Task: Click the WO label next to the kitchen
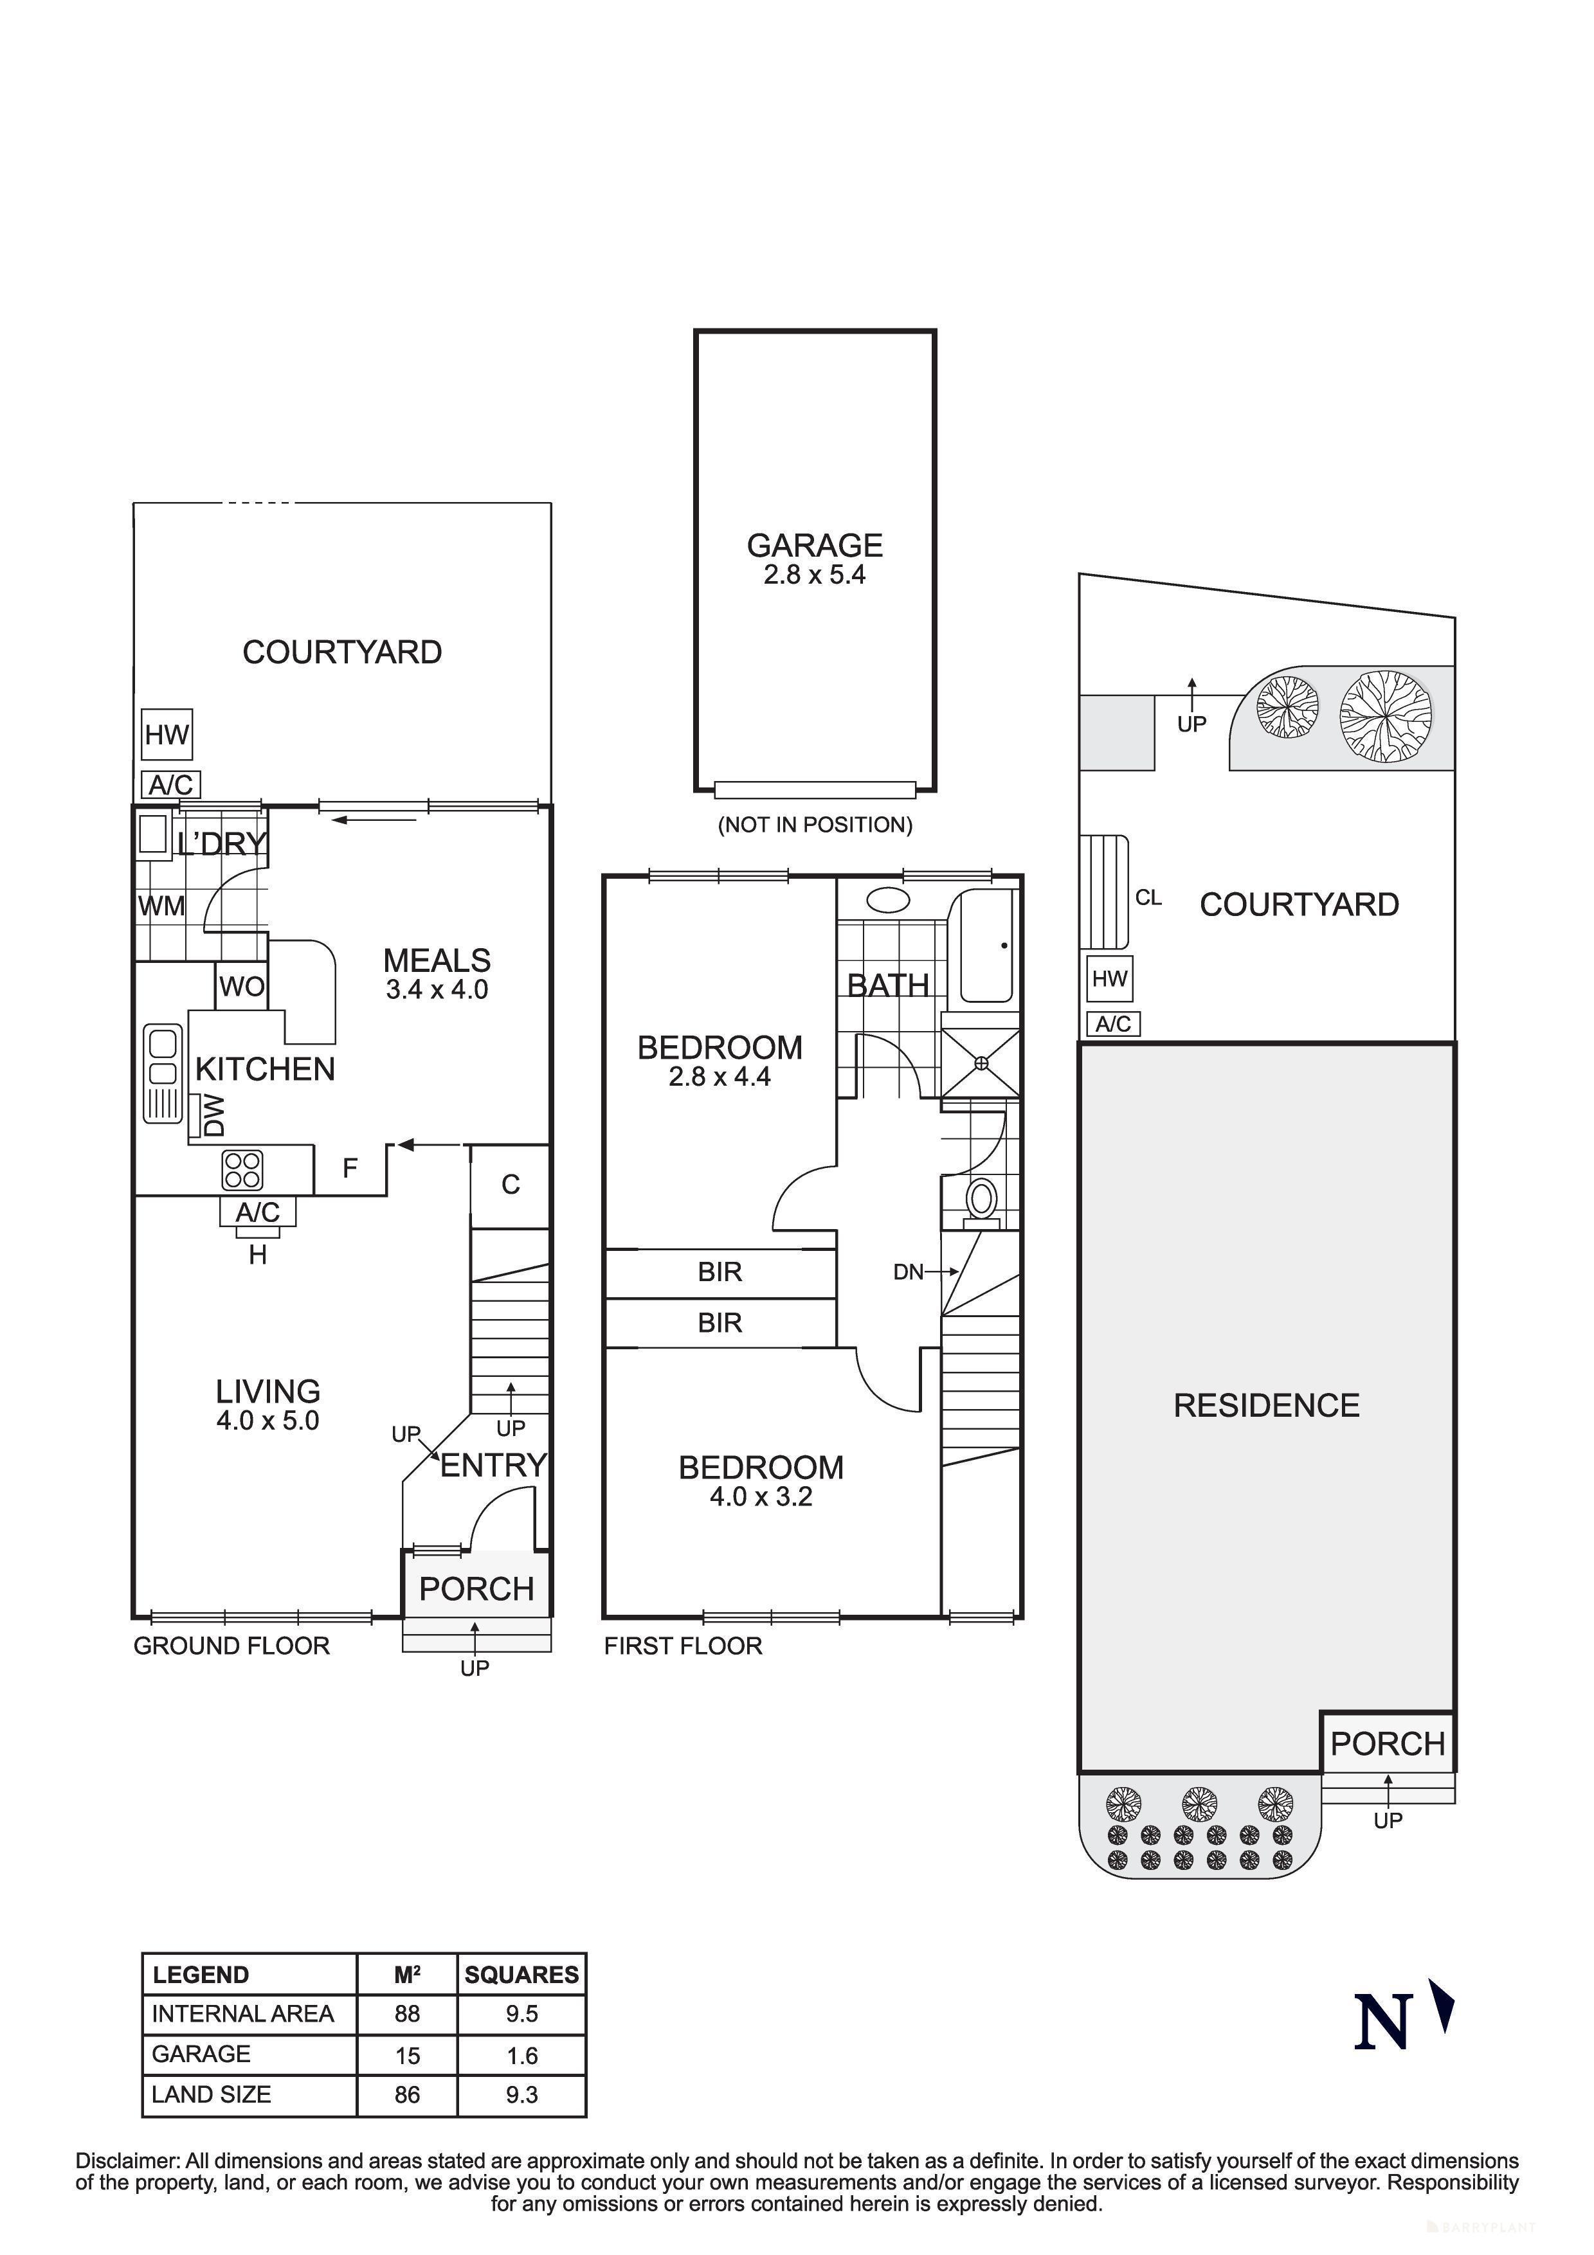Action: click(x=242, y=986)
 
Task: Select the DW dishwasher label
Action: click(x=213, y=1116)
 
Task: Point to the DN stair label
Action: click(x=909, y=1272)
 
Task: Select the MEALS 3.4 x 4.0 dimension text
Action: click(x=437, y=990)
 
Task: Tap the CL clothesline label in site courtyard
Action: click(x=1147, y=897)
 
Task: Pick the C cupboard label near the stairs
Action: click(x=510, y=1185)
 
